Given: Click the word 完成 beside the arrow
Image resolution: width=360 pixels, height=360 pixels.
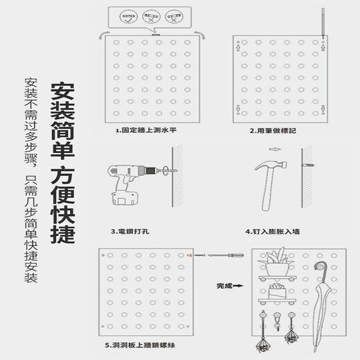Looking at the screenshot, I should tap(224, 285).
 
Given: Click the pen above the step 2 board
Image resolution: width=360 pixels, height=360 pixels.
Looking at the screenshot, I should tap(323, 21).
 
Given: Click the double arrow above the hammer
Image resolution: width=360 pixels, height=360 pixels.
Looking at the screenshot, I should tap(274, 149).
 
